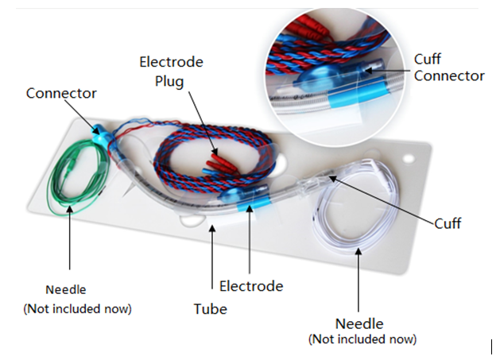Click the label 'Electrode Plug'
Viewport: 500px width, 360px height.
point(171,72)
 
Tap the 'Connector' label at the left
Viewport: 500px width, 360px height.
point(61,94)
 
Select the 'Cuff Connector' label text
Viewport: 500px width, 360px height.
point(449,68)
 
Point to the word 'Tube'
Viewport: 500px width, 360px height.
point(211,309)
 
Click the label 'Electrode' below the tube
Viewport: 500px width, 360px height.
point(251,286)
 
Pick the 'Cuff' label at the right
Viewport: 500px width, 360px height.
point(448,223)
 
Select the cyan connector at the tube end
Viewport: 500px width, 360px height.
point(102,136)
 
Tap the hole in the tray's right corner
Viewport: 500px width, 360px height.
point(408,158)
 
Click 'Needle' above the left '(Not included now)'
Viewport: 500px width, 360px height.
point(66,290)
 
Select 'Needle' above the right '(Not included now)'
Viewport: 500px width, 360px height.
point(359,323)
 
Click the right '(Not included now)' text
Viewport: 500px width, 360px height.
point(362,339)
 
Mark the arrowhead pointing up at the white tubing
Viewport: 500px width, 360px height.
point(359,251)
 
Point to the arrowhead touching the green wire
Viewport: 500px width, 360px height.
point(69,209)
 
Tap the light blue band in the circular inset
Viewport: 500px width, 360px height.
point(357,91)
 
